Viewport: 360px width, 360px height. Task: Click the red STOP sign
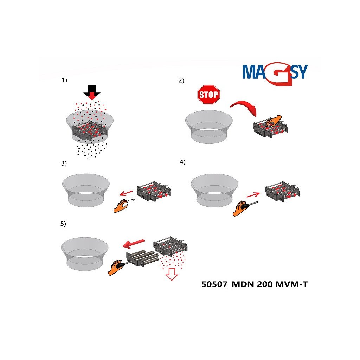point(209,95)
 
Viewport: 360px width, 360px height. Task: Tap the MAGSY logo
point(275,73)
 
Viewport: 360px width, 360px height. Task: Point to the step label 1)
point(64,80)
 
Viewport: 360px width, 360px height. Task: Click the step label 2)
point(181,81)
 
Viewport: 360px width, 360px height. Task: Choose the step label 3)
point(64,163)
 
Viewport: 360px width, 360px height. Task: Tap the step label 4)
point(182,162)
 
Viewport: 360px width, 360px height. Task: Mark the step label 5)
point(63,224)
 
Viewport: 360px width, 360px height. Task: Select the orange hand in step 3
point(121,206)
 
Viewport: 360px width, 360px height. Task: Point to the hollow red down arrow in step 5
point(172,274)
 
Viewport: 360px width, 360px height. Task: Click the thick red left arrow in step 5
point(134,244)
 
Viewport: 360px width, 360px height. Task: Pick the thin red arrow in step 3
point(126,193)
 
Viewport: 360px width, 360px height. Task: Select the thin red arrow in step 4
point(253,195)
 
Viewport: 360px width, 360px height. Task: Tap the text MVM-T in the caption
point(291,284)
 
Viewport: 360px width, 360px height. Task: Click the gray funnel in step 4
point(214,190)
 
